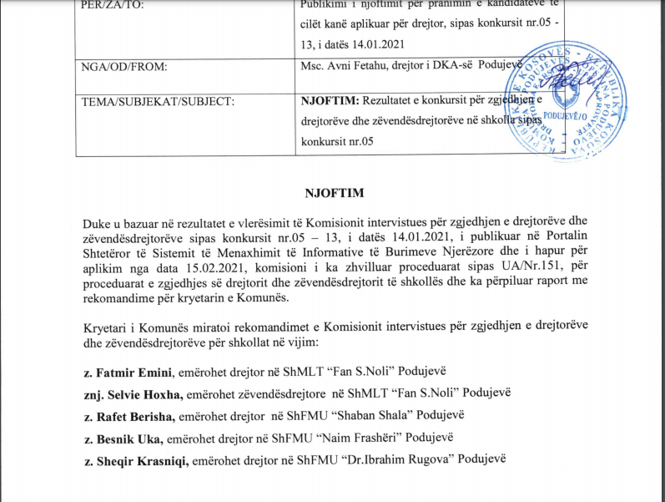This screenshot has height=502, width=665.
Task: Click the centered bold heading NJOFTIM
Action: (x=332, y=198)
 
